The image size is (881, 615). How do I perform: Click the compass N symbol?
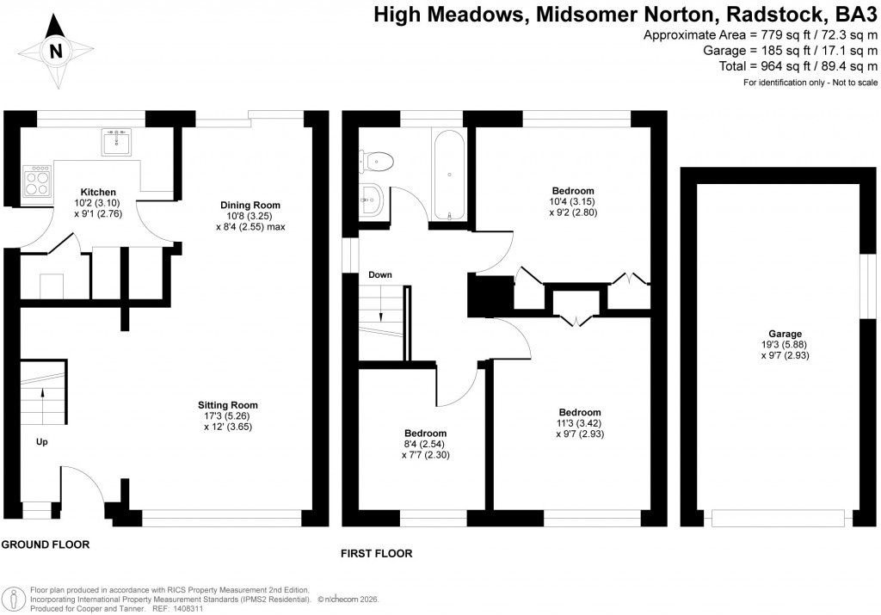click(57, 52)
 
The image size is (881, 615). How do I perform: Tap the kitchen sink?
click(117, 141)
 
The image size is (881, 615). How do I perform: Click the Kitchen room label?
click(98, 192)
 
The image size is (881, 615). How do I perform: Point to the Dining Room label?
click(250, 205)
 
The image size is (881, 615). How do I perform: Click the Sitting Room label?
click(227, 404)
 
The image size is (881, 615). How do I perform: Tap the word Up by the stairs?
click(42, 442)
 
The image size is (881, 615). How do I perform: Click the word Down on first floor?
click(380, 275)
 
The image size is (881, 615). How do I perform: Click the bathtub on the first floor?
click(450, 175)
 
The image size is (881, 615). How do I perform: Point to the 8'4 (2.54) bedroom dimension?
click(425, 444)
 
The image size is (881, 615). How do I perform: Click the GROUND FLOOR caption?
click(45, 545)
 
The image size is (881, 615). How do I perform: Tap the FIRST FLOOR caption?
click(377, 554)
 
